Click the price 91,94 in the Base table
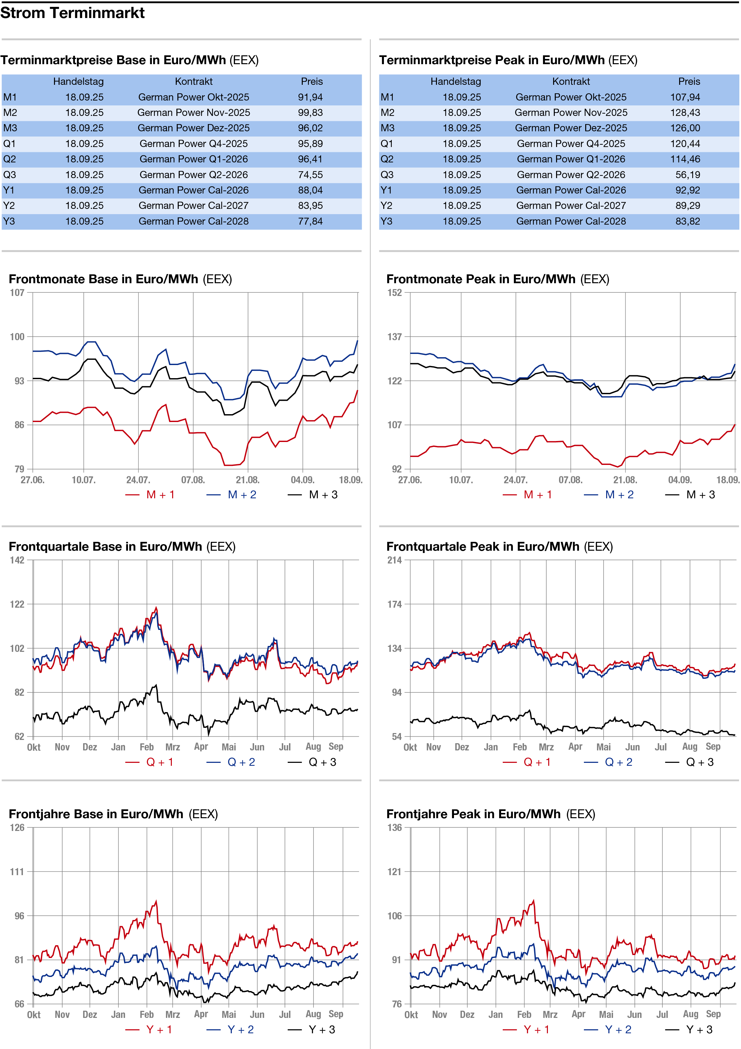click(x=310, y=97)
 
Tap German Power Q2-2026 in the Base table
click(x=194, y=175)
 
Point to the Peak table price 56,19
click(x=688, y=175)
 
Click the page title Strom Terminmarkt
click(x=72, y=13)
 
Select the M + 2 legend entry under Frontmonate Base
click(x=232, y=495)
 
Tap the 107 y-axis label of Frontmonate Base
click(x=17, y=293)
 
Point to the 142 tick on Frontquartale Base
click(x=17, y=561)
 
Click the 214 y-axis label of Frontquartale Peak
click(x=394, y=561)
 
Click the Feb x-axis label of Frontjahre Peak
click(x=524, y=1015)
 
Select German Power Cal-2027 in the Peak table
click(x=571, y=206)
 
